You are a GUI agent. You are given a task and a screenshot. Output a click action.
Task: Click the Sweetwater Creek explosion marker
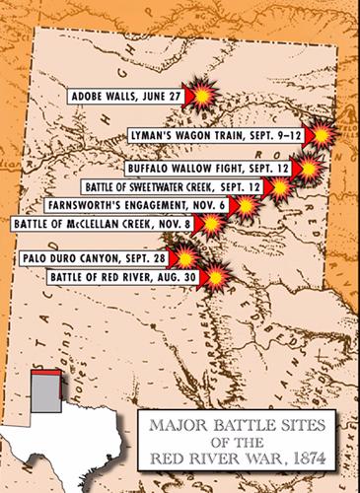click(281, 187)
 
